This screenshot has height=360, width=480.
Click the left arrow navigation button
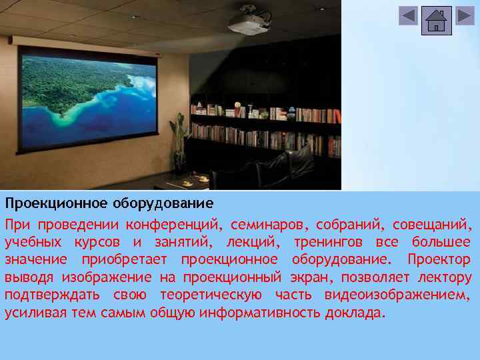coord(408,16)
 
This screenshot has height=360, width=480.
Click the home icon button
coord(437,21)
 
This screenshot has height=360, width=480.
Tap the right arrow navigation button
coord(465,16)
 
